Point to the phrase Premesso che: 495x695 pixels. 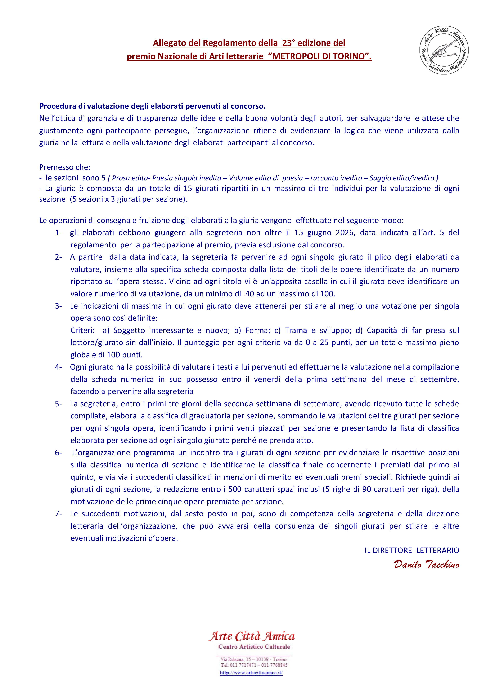pyautogui.click(x=65, y=167)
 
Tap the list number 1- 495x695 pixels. pyautogui.click(x=58, y=233)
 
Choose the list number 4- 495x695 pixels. pyautogui.click(x=58, y=367)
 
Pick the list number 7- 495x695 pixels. pyautogui.click(x=58, y=514)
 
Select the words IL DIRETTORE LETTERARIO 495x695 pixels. pyautogui.click(x=411, y=550)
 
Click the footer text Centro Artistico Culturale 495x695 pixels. pyautogui.click(x=254, y=647)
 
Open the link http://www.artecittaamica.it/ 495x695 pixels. pyautogui.click(x=251, y=673)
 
